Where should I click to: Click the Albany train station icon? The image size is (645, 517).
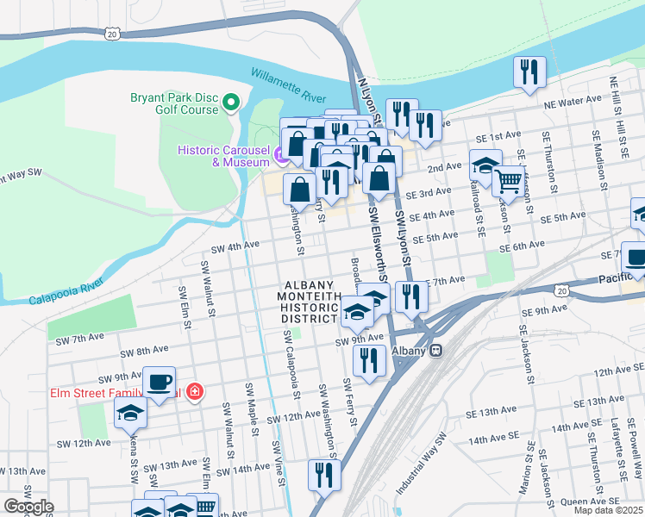[x=436, y=351]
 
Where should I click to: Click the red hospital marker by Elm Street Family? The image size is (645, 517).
[x=196, y=392]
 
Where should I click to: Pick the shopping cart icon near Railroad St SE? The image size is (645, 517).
[x=510, y=181]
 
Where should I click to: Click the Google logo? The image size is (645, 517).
[x=28, y=507]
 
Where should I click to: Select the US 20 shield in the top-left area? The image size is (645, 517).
[x=112, y=33]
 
